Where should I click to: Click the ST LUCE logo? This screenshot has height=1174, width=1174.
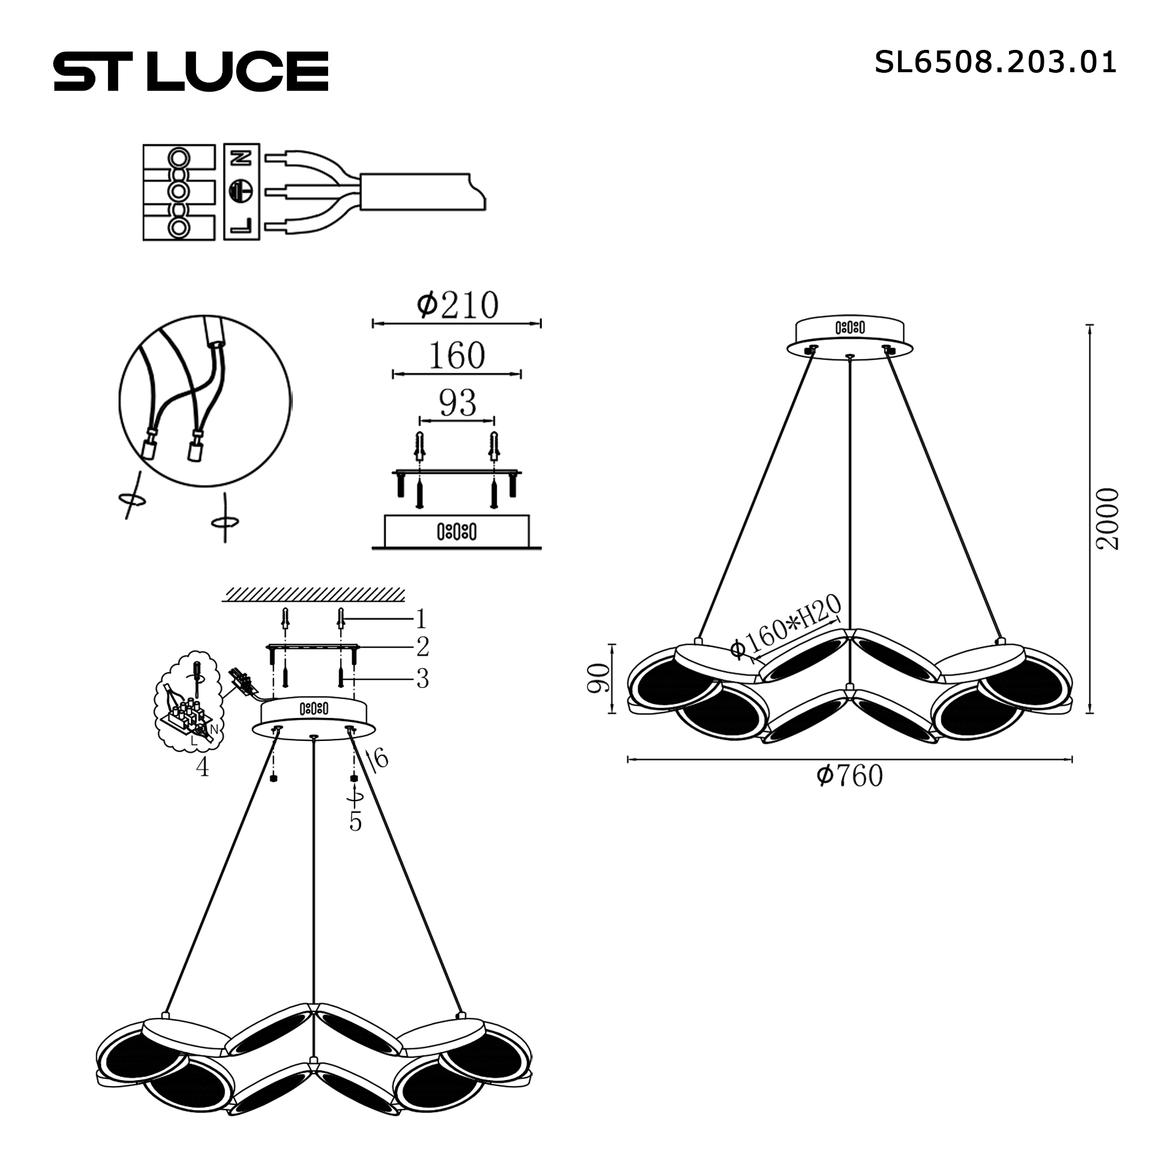point(191,71)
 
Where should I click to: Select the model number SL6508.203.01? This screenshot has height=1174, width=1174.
point(996,62)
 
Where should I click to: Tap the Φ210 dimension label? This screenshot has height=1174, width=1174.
point(458,305)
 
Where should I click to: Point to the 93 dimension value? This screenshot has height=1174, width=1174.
point(458,402)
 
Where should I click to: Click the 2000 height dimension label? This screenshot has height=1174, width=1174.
point(1107,519)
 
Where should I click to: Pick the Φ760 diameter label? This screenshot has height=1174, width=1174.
point(849,776)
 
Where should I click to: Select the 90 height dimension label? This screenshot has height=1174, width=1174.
point(599,679)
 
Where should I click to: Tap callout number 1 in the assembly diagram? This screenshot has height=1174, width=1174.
point(421,620)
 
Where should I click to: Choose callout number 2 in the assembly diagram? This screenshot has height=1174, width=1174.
point(423,647)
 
